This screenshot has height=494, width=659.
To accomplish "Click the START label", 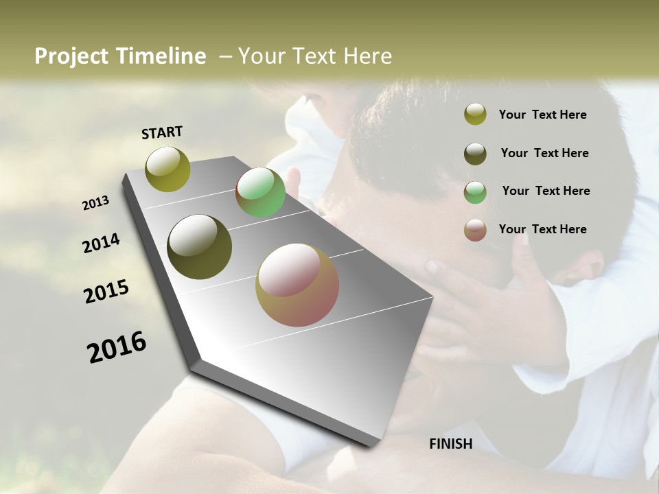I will (x=162, y=132).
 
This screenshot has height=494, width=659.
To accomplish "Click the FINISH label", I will (x=451, y=444).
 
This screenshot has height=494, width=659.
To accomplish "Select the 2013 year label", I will (x=96, y=203).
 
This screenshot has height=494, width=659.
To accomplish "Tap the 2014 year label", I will (x=101, y=244).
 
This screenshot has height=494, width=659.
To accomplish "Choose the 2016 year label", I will (x=117, y=347).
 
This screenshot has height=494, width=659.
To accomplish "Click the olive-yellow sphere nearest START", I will (x=168, y=169).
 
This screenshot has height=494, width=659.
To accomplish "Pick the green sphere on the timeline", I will (x=260, y=193).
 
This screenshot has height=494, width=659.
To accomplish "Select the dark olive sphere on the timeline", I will (x=200, y=247).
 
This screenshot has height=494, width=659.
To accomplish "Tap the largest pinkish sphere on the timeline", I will (x=297, y=285).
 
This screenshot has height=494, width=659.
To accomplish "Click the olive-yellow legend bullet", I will (x=475, y=115).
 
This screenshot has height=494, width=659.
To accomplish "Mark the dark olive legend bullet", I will (x=475, y=154).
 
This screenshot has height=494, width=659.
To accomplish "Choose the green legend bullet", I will (x=475, y=192).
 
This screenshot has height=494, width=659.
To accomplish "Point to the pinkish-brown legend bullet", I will (x=475, y=230).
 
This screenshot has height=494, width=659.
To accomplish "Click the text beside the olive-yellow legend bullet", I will (x=542, y=115).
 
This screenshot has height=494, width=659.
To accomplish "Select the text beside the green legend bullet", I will (x=546, y=191).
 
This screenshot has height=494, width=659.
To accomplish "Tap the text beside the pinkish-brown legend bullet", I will (x=542, y=229).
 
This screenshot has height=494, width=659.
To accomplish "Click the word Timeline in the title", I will (x=162, y=56).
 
